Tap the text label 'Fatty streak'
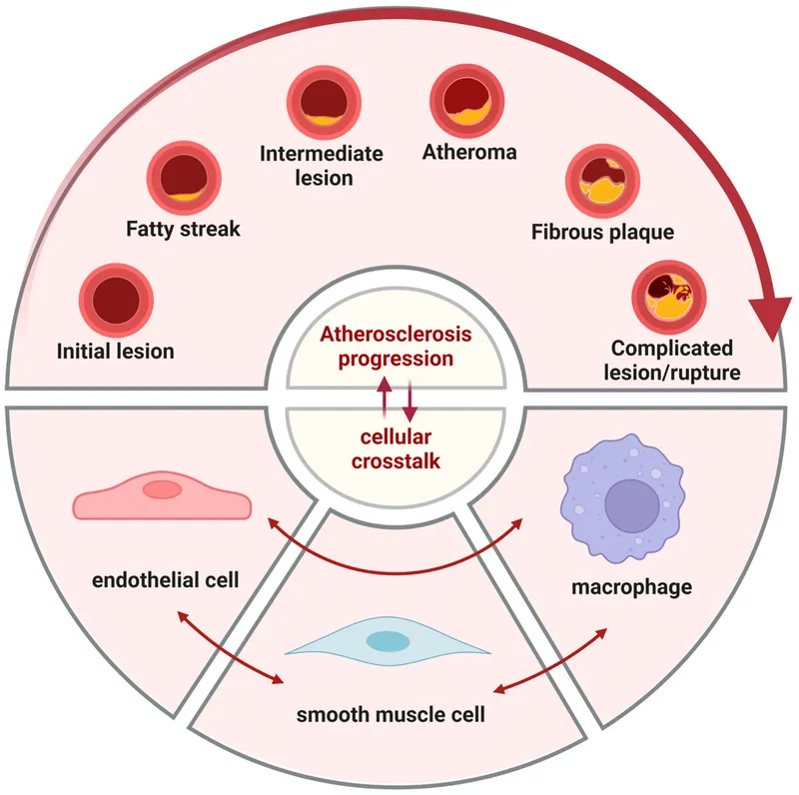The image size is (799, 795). click(x=184, y=229)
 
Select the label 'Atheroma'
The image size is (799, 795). click(x=469, y=153)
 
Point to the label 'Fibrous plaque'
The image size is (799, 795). click(x=602, y=233)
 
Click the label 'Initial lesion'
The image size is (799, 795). click(x=116, y=351)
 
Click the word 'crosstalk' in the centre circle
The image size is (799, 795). click(x=397, y=461)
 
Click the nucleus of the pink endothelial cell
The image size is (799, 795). click(x=162, y=488)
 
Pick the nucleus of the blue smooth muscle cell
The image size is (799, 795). click(x=387, y=641)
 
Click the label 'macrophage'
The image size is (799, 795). click(x=631, y=586)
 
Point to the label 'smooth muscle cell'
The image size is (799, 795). click(x=384, y=714)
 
